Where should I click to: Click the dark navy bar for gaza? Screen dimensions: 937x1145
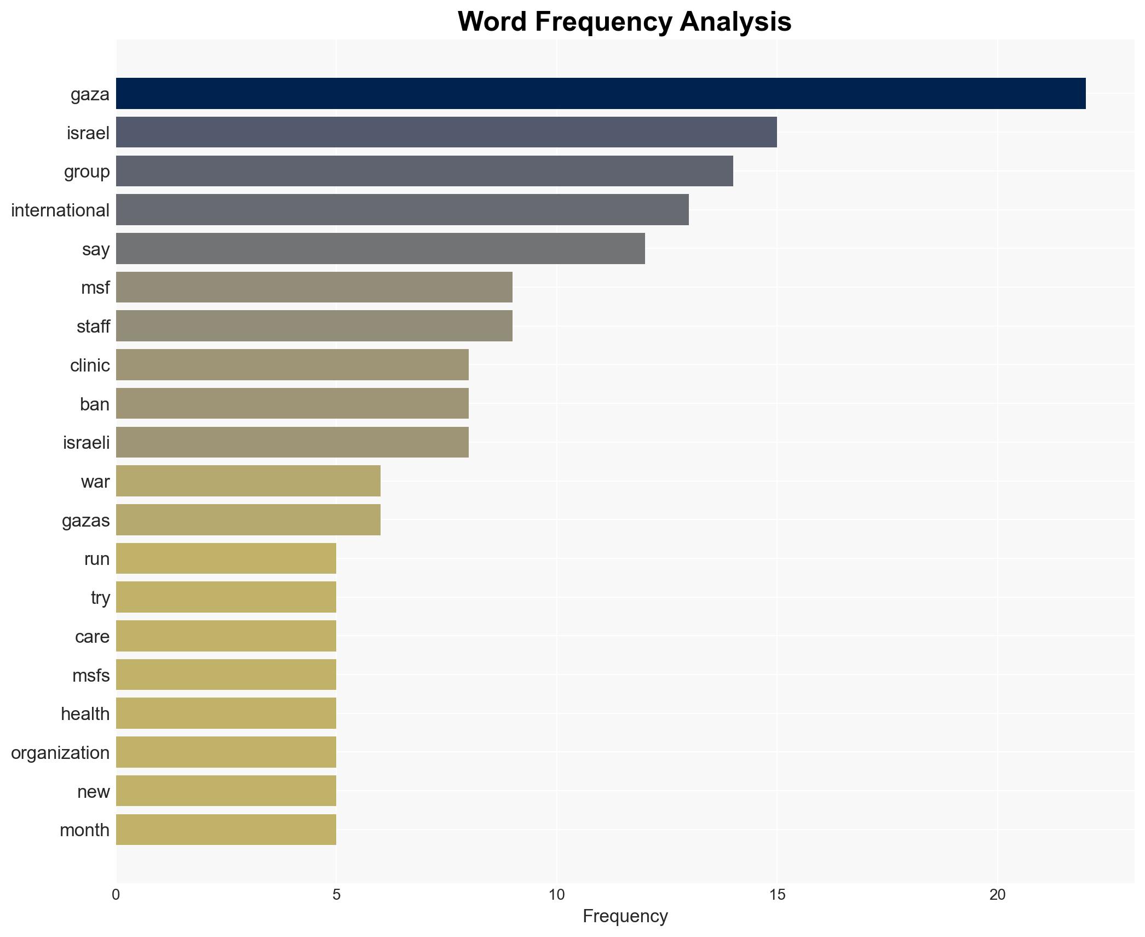pos(600,94)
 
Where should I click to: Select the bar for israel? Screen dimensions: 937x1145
pos(446,132)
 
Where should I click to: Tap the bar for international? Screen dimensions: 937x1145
pos(402,210)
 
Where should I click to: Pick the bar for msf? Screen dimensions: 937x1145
pos(314,287)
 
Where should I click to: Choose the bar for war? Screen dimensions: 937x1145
pos(248,481)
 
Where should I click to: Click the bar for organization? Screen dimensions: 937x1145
pos(226,752)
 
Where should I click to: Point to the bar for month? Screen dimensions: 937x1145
pos(226,830)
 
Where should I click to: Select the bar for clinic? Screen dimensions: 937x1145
pos(292,365)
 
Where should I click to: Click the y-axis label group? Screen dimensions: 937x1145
pos(87,172)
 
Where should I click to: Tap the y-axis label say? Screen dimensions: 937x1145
pos(96,249)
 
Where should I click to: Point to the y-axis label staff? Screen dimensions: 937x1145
pos(93,327)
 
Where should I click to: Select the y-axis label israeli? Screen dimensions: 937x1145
pos(86,443)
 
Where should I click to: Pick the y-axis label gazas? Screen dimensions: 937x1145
pos(85,521)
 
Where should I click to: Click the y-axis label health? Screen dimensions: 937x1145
pos(85,714)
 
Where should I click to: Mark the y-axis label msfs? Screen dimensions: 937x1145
pos(91,676)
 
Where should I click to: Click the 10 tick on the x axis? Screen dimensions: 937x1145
pos(556,895)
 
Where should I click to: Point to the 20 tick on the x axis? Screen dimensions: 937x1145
pos(997,895)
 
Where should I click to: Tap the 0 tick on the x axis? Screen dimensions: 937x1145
pos(116,895)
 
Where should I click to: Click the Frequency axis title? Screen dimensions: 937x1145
pos(625,916)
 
